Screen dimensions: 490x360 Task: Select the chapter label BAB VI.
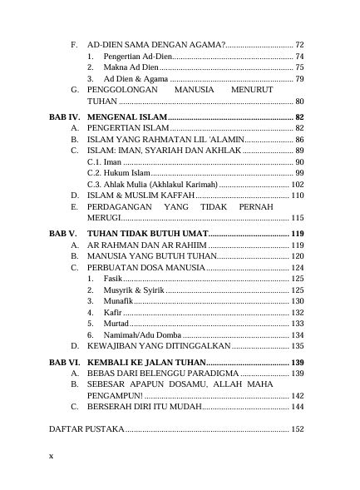point(64,363)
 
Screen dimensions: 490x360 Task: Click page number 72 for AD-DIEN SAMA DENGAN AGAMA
point(299,43)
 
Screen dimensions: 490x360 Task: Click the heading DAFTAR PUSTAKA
point(86,428)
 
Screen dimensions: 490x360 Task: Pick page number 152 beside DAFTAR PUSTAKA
point(298,428)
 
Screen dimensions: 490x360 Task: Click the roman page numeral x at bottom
point(51,456)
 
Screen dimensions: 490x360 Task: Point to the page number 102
point(297,184)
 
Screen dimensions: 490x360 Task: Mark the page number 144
point(298,408)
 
